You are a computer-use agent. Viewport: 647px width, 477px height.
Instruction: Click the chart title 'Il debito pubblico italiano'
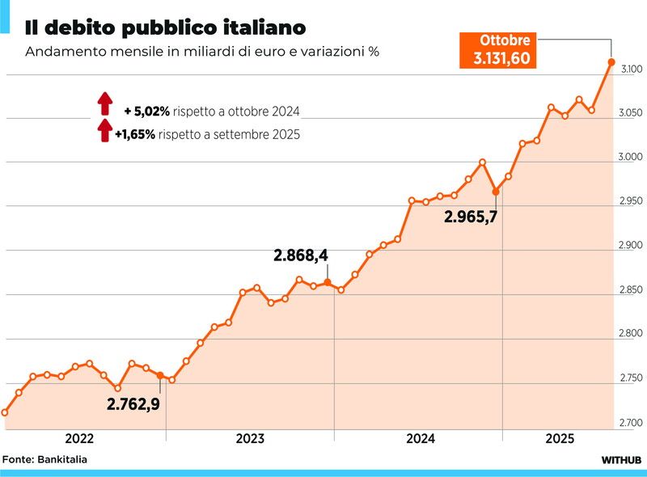tap(166, 27)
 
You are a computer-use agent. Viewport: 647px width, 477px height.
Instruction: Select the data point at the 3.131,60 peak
tap(611, 61)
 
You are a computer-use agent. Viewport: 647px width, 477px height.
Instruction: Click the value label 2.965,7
tap(471, 217)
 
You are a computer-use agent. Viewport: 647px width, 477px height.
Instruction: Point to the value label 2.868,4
tap(301, 255)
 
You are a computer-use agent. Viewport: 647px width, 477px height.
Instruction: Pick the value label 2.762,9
tap(133, 402)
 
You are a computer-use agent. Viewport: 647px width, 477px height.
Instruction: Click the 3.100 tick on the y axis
tap(632, 70)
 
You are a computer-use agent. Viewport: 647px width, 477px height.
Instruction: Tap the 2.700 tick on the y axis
tap(632, 423)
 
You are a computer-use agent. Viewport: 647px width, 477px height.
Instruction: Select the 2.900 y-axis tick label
tap(632, 246)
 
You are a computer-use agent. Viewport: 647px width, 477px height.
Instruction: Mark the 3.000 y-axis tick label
tap(632, 158)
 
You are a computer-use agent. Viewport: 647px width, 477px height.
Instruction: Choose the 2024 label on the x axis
tap(421, 439)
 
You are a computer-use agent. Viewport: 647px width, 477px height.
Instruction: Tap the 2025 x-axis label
tap(560, 439)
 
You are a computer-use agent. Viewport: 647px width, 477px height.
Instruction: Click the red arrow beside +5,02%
tap(104, 104)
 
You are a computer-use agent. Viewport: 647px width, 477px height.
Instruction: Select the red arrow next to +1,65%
tap(104, 130)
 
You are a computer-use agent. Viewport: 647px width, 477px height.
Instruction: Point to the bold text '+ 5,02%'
tap(146, 112)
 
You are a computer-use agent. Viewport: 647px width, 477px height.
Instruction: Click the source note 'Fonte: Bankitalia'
tap(44, 459)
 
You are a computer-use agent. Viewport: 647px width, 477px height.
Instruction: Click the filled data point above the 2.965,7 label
tap(496, 192)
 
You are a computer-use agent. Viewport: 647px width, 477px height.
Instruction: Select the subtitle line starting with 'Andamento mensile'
tap(202, 52)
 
